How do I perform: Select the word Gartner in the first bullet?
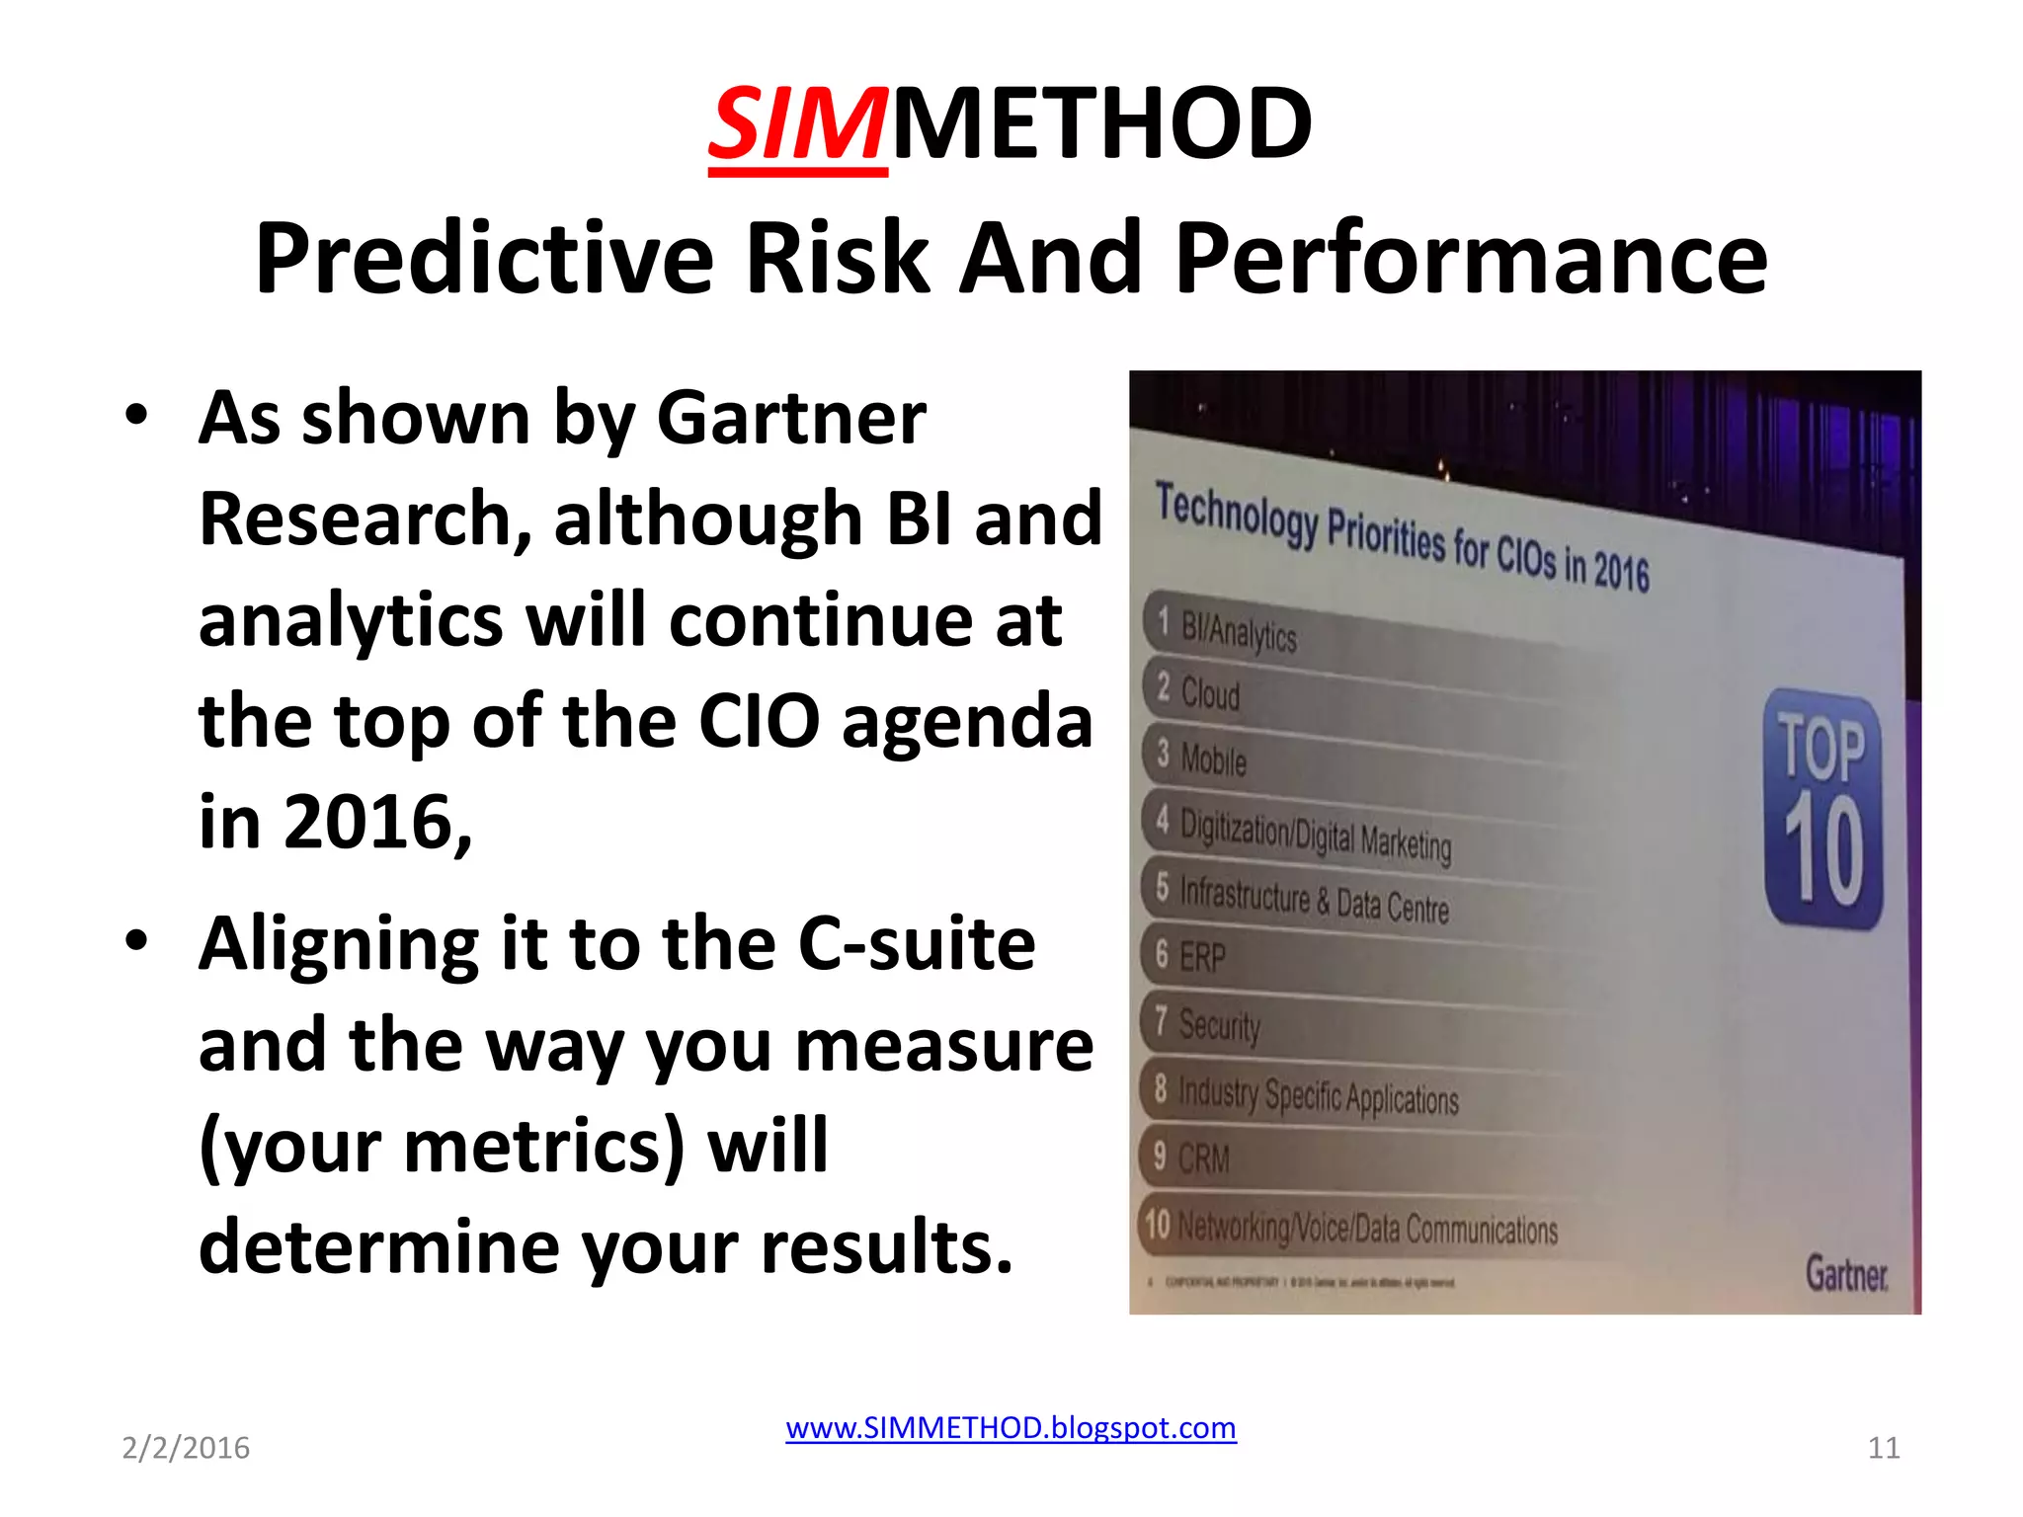790,419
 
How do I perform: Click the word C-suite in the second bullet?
916,944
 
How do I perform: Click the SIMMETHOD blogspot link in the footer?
1011,1428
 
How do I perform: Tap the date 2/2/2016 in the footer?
186,1448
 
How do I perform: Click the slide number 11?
1884,1448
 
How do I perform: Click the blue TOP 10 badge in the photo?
1823,808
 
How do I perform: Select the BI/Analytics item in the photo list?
1239,631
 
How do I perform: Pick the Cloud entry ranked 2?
1210,693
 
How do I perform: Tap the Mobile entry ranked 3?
1213,759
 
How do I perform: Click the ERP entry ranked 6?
1202,957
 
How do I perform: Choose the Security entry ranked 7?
1219,1025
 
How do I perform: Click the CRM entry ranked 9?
1203,1158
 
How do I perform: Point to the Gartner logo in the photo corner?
1846,1273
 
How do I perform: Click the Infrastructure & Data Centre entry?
1314,899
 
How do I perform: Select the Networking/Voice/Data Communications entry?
1367,1229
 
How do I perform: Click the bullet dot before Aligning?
136,940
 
